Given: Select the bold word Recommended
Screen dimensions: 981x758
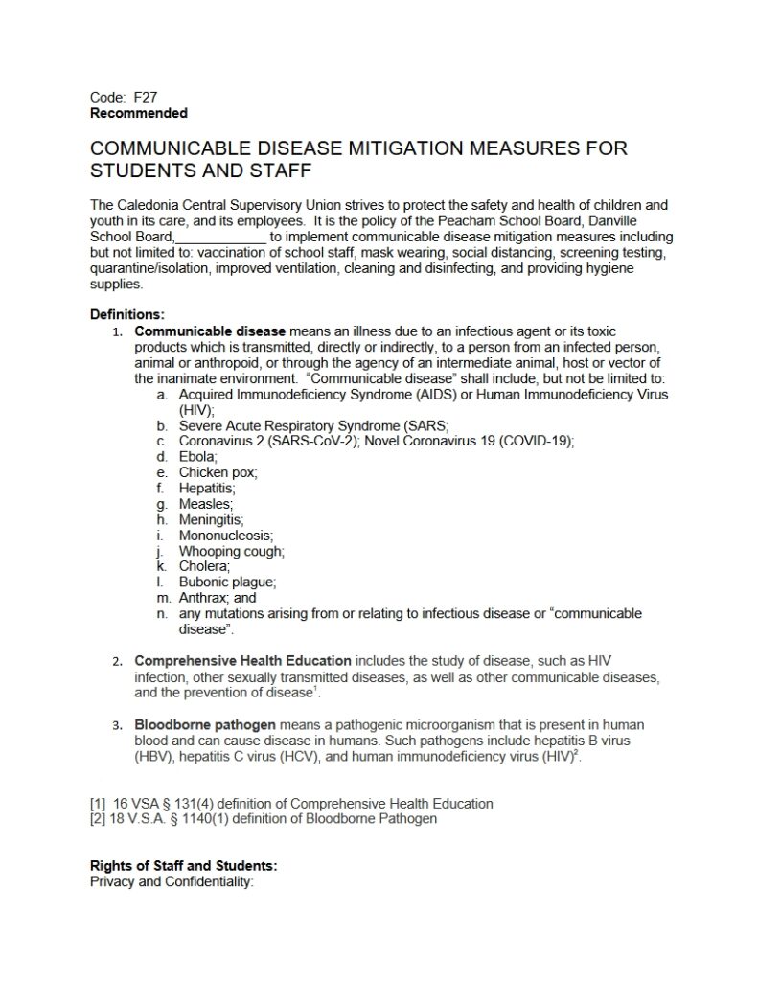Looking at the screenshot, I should pos(138,113).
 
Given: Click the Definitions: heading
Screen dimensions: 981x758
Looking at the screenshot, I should pos(127,313).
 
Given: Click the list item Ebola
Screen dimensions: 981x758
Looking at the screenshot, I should pos(199,457).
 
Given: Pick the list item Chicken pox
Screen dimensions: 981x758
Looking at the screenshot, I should pos(218,472).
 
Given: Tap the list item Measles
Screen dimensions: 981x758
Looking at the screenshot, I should pos(206,503).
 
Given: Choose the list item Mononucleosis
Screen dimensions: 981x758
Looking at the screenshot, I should pos(226,535).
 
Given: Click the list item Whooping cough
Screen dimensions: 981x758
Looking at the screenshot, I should pos(232,551).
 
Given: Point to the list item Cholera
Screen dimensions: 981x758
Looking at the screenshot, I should pos(204,566).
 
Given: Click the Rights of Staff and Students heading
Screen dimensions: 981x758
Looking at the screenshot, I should pos(183,865).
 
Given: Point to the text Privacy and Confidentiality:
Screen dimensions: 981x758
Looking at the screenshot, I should pos(171,881).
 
